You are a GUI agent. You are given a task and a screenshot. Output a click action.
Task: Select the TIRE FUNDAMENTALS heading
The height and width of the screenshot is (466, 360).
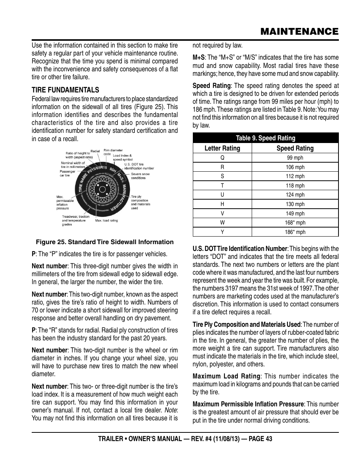coord(65,90)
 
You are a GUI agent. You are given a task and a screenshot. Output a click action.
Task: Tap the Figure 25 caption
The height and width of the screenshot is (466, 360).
coord(105,242)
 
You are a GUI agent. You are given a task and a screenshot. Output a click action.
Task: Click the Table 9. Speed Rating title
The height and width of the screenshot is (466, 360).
coord(266,138)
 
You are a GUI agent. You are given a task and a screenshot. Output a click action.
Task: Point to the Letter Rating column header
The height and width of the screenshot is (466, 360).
coord(222,148)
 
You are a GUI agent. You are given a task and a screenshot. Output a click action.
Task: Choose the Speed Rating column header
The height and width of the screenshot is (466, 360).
coord(295,148)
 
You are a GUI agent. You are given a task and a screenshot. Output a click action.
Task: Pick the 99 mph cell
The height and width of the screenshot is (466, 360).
coord(295,158)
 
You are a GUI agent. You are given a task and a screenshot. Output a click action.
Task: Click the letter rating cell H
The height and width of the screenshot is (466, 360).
coord(222,204)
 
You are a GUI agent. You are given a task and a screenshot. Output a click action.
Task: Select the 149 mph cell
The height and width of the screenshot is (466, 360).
coord(295,214)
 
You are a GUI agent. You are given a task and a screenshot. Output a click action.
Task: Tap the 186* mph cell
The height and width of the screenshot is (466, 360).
coord(295,232)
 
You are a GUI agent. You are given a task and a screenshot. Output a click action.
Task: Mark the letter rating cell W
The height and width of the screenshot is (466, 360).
coord(222,223)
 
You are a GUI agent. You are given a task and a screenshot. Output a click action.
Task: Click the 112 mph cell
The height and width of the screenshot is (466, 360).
coord(295,176)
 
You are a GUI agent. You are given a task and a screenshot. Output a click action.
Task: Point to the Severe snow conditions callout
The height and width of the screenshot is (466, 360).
coord(140,176)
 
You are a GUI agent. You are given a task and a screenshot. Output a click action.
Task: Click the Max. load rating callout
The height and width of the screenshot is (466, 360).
coord(106,220)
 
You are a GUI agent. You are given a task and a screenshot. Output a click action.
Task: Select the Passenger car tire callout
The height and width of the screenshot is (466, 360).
coord(67,173)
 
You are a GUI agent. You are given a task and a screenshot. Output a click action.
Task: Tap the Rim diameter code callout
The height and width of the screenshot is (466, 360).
coord(113,152)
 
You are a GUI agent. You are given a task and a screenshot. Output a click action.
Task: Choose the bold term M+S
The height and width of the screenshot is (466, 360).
coord(198,57)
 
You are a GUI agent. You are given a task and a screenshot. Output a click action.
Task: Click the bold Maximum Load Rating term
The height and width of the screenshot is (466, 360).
coord(226,376)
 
